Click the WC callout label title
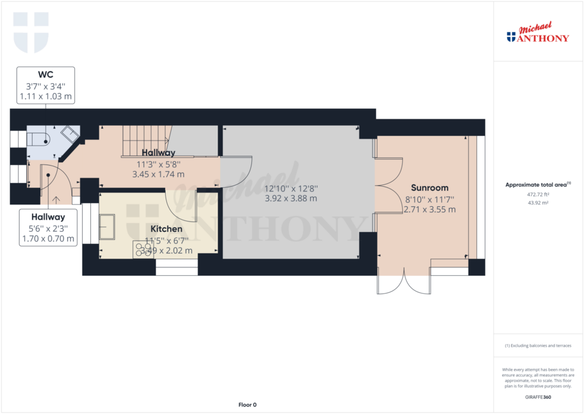coord(46,75)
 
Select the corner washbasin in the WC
coord(70,134)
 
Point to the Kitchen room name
coord(166,229)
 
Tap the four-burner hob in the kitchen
coord(143,250)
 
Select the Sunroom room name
coord(430,188)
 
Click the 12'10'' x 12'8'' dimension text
coord(291,188)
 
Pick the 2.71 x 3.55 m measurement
coord(430,210)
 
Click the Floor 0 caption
coord(247,405)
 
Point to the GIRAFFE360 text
coord(538,397)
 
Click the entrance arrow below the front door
coord(56,199)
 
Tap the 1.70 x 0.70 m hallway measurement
coord(48,239)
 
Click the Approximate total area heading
coord(538,184)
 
